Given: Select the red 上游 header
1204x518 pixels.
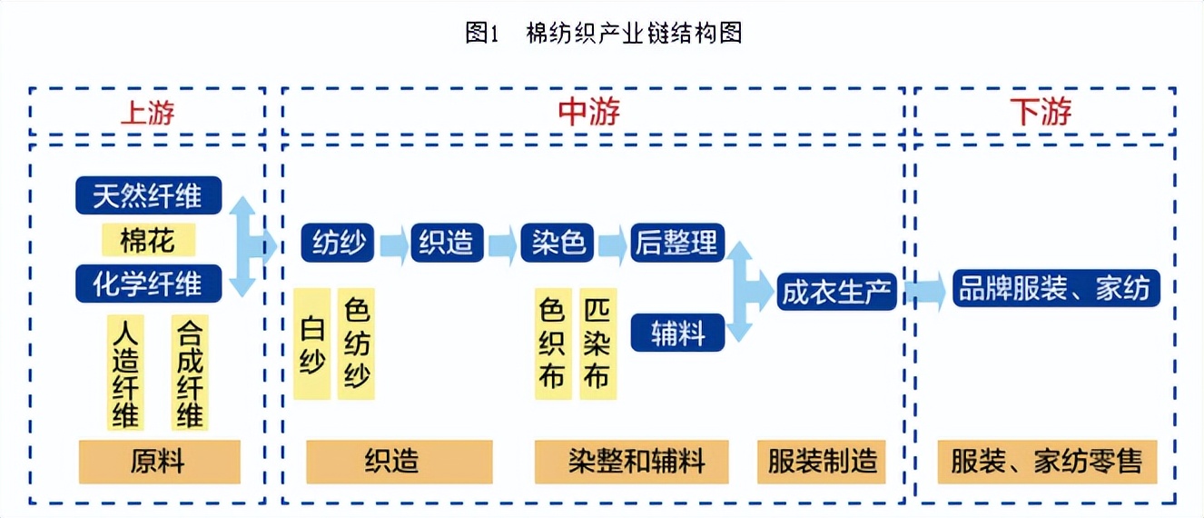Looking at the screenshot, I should coord(147,112).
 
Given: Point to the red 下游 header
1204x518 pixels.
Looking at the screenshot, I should coord(1041,112).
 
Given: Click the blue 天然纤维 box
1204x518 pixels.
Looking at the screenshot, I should coord(147,195).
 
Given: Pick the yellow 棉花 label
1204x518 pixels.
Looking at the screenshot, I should coord(147,241).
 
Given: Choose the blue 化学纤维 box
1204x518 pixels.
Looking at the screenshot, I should coord(147,284).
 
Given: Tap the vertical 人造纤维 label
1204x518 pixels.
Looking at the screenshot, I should coord(125,373).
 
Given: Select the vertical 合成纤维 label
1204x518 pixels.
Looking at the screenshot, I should coord(190,373).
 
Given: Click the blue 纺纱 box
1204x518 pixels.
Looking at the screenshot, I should coord(338,244).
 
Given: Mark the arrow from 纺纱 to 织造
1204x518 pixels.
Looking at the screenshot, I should coord(393,244).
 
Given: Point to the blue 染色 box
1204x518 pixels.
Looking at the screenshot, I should coord(557,244).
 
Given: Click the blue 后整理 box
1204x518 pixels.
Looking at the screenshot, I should coord(677,243).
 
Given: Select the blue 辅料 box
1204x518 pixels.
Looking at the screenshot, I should coord(677,333).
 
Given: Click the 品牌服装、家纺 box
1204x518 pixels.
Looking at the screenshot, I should coord(1055,288).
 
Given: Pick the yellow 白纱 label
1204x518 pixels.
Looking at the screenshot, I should coord(311,345).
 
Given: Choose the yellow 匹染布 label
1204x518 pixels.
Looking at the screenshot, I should coord(597,345).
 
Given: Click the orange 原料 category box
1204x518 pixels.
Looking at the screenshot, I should coord(159,462).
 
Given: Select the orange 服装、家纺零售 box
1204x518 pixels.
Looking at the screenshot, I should coord(1047,462).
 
